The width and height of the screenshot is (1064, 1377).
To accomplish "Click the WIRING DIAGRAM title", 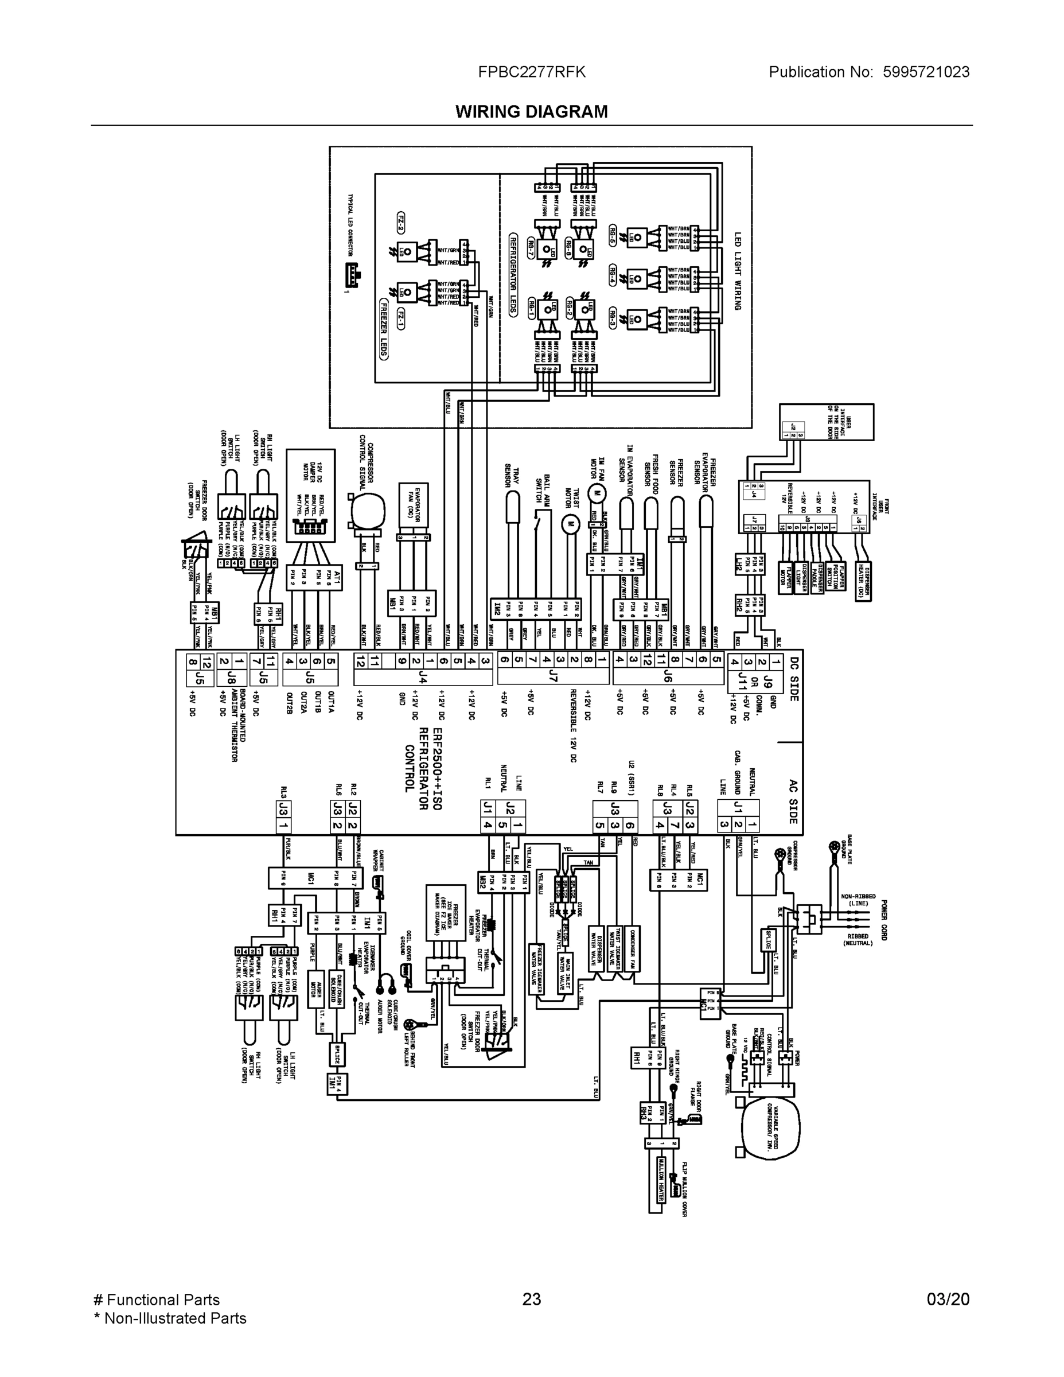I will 531,112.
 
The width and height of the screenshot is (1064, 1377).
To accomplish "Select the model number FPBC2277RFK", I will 531,72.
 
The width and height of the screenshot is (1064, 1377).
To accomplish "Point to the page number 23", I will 531,1299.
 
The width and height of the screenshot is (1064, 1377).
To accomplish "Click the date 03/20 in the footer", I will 948,1299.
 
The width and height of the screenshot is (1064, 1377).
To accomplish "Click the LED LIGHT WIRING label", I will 738,271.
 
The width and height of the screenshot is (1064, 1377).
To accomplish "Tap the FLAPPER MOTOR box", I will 785,576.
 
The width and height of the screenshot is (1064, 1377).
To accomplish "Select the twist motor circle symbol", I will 570,523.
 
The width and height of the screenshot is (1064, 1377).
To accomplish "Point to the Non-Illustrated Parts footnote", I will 170,1317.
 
